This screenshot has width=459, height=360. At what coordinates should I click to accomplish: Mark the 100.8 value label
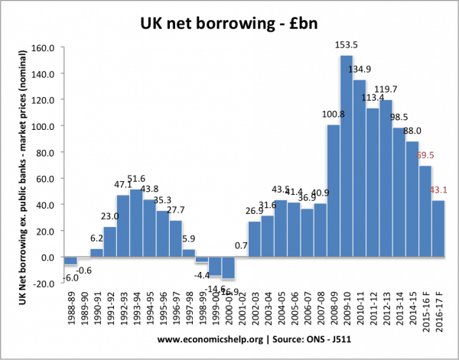point(333,115)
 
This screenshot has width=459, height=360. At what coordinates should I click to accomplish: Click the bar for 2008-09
point(333,190)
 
